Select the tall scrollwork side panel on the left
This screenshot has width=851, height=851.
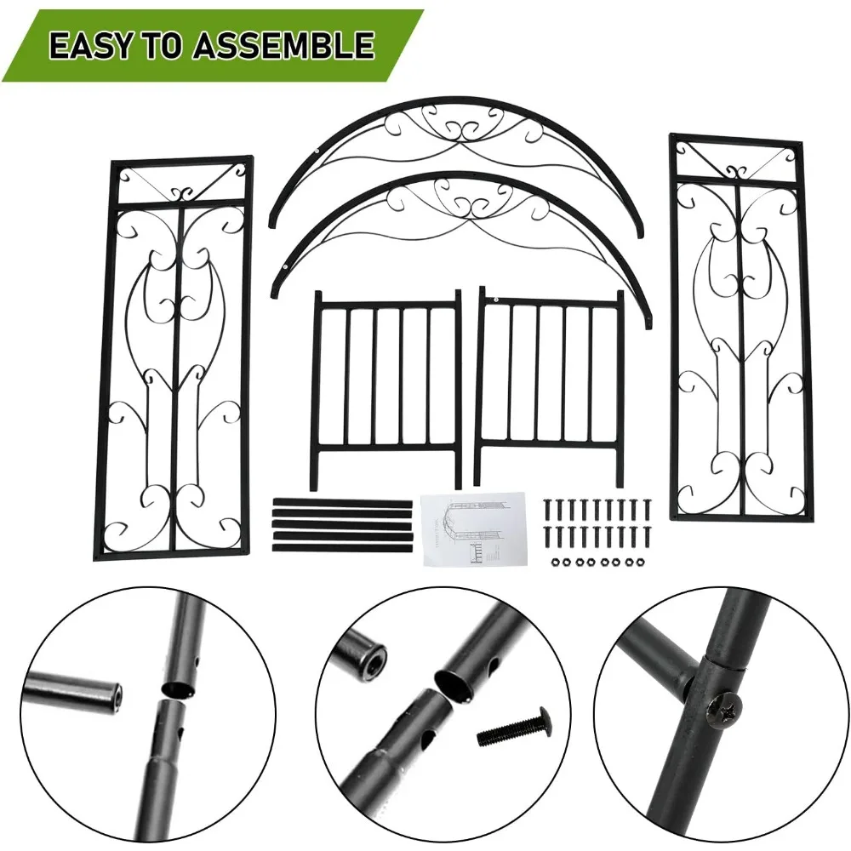pos(174,357)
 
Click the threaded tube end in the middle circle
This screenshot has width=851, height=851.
pos(361,657)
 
